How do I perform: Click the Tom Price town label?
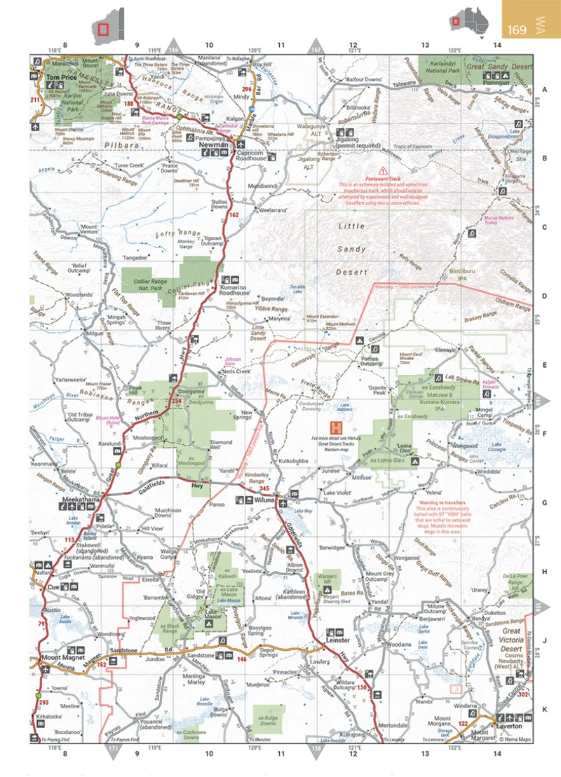(x=61, y=78)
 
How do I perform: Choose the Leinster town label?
(x=337, y=640)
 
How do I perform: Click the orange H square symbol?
(x=338, y=427)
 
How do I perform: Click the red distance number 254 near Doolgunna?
(x=176, y=401)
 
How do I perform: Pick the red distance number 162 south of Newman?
(x=234, y=214)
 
